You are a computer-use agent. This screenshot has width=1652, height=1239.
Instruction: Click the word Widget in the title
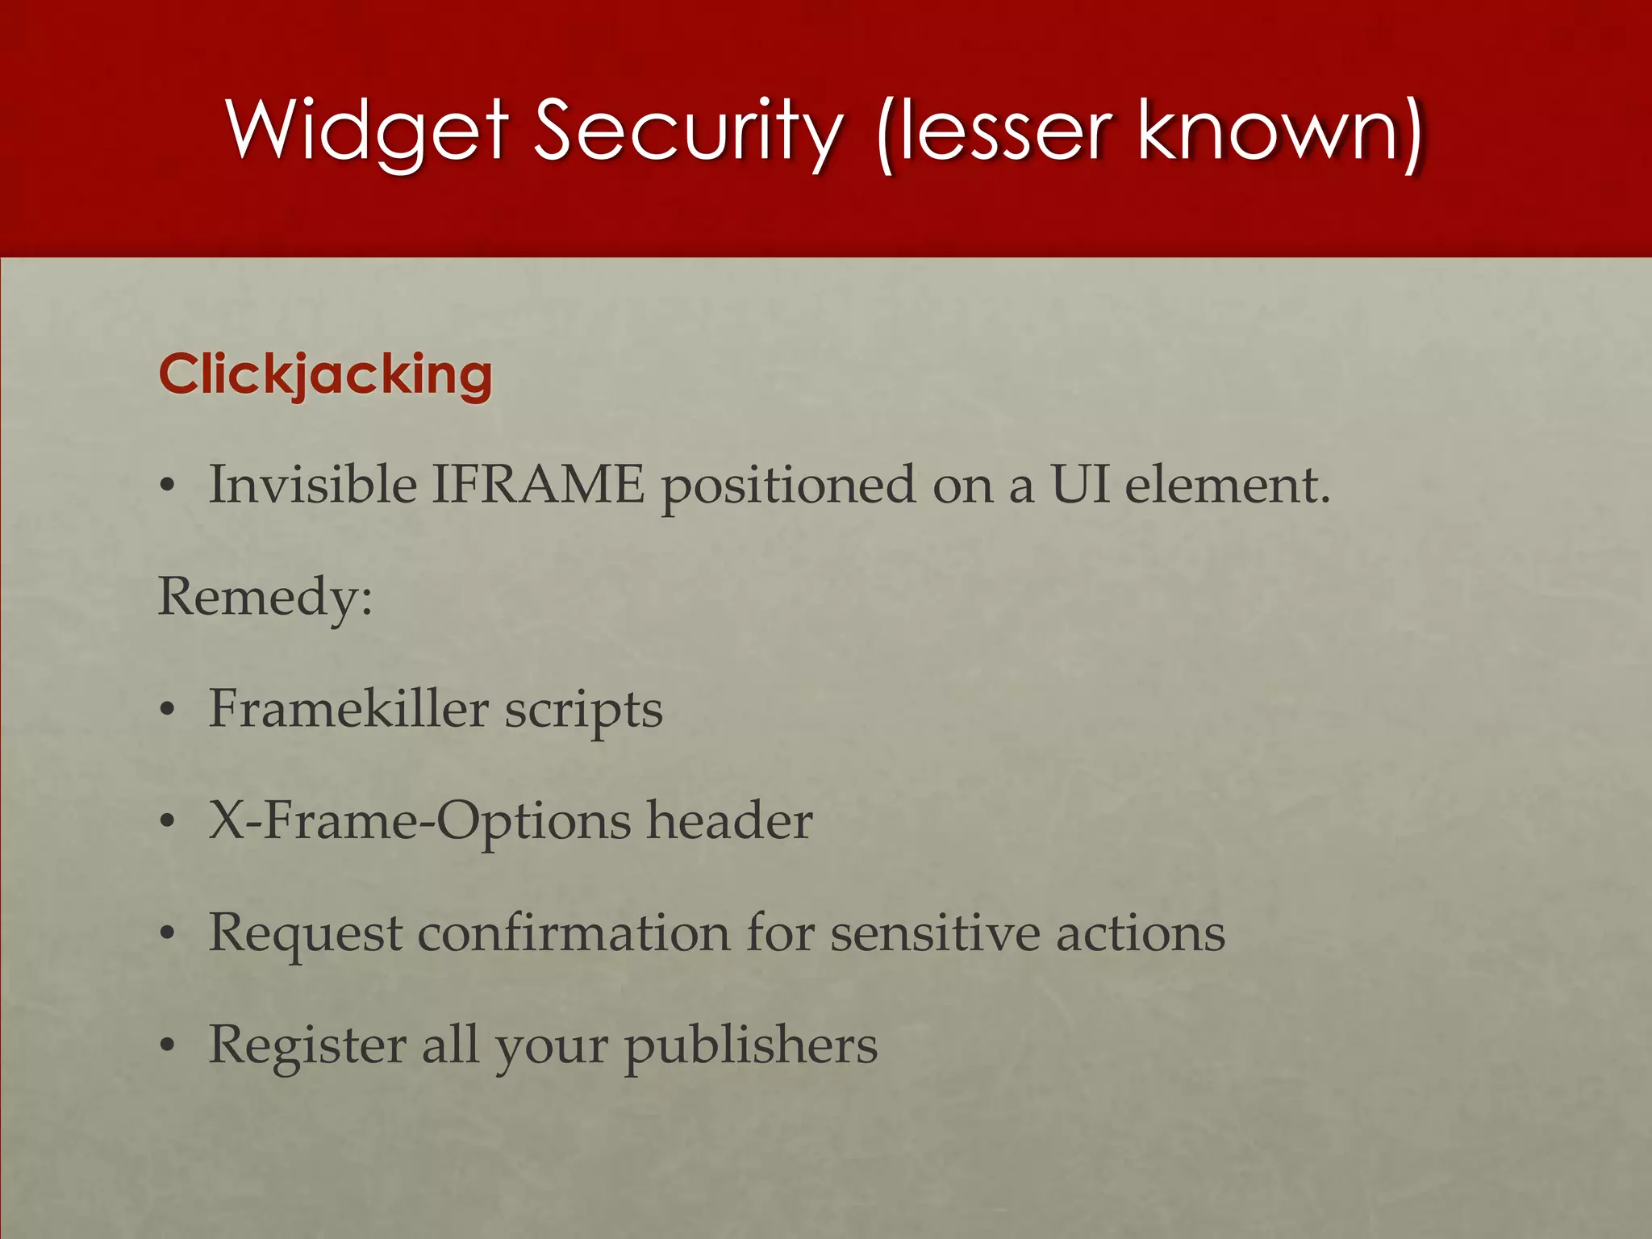[x=368, y=129]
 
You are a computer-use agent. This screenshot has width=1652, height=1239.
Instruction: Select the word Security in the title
[x=690, y=129]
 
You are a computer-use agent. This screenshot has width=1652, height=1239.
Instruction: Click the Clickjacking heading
[x=325, y=374]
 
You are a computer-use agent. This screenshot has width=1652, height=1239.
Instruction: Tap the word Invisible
[x=313, y=485]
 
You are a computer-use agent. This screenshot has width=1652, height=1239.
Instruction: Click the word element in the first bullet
[x=1226, y=485]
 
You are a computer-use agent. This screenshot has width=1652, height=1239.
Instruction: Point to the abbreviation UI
[x=1080, y=485]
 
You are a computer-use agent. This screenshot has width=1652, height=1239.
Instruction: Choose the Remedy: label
[x=265, y=598]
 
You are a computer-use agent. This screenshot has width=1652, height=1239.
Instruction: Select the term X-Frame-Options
[x=419, y=822]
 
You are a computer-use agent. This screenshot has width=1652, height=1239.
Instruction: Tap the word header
[x=729, y=820]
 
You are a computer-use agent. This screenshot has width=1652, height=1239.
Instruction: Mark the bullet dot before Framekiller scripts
[x=167, y=711]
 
